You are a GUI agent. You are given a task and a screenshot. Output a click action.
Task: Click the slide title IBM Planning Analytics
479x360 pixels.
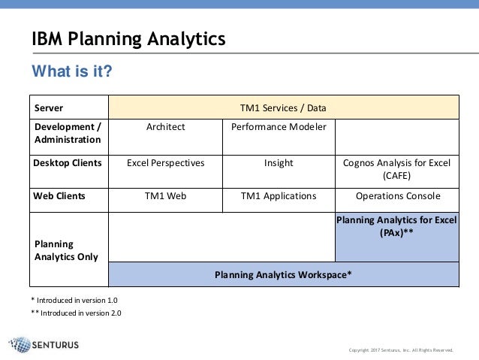point(128,39)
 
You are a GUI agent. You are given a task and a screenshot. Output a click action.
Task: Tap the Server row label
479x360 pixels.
point(50,107)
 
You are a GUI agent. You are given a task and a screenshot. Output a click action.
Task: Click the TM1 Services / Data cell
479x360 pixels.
point(283,107)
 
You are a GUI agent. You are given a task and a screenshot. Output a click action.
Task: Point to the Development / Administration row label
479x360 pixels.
point(68,133)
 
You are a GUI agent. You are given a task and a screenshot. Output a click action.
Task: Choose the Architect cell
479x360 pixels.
point(165,127)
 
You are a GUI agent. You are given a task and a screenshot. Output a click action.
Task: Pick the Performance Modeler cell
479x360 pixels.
point(279,127)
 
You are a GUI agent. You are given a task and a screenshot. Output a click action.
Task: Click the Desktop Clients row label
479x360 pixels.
point(68,162)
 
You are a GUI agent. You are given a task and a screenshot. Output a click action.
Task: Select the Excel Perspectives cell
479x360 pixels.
point(165,162)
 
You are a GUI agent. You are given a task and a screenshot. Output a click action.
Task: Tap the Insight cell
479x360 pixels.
point(279,162)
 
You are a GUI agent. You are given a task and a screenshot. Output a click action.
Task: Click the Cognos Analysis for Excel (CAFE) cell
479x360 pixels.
point(396,168)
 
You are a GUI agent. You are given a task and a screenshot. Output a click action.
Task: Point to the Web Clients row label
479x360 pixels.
point(60,197)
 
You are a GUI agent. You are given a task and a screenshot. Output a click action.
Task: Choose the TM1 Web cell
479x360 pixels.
point(165,197)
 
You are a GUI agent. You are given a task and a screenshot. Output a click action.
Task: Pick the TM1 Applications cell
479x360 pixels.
point(279,197)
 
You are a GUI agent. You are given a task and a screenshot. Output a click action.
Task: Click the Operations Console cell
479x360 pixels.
point(396,197)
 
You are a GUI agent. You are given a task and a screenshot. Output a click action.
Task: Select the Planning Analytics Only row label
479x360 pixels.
point(67,250)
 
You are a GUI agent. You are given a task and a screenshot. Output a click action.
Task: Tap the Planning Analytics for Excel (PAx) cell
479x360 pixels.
point(396,226)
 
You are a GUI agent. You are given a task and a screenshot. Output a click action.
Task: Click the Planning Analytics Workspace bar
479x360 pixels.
point(283,274)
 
